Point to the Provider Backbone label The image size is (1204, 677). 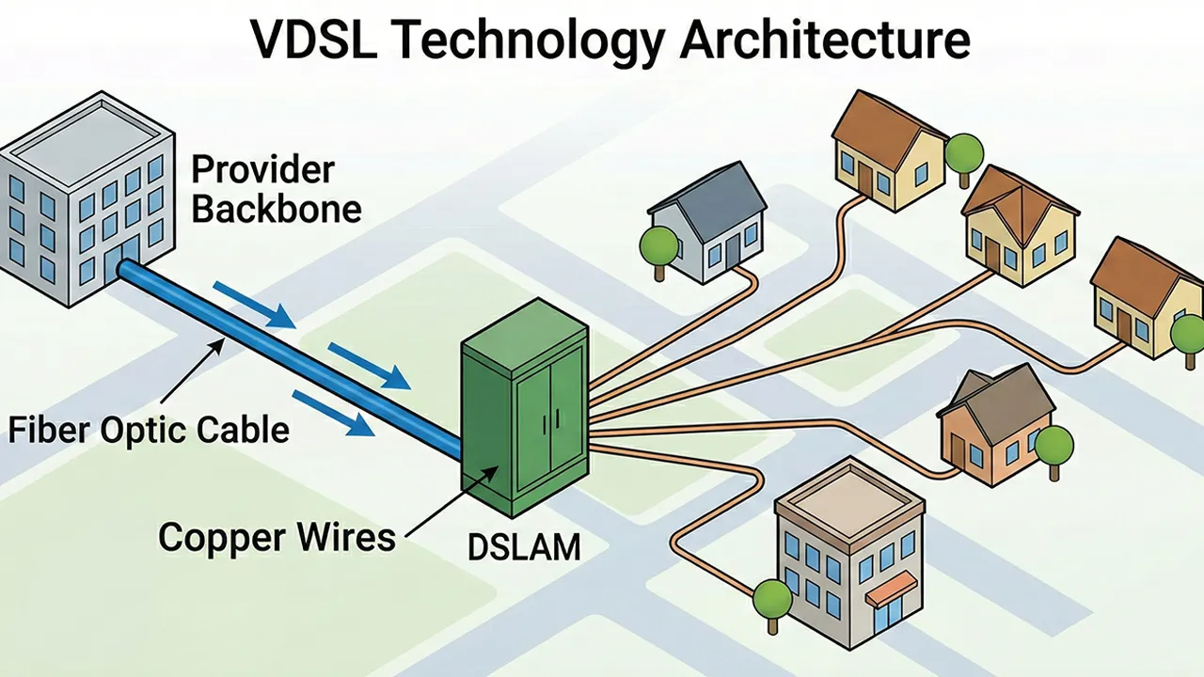[276, 189]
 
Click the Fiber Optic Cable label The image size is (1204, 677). [149, 430]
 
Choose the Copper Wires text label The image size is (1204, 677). [277, 537]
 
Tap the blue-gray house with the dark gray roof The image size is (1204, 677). [707, 226]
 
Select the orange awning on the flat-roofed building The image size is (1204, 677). [890, 588]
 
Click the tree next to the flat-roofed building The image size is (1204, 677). [771, 598]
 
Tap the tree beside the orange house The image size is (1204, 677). [1053, 444]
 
